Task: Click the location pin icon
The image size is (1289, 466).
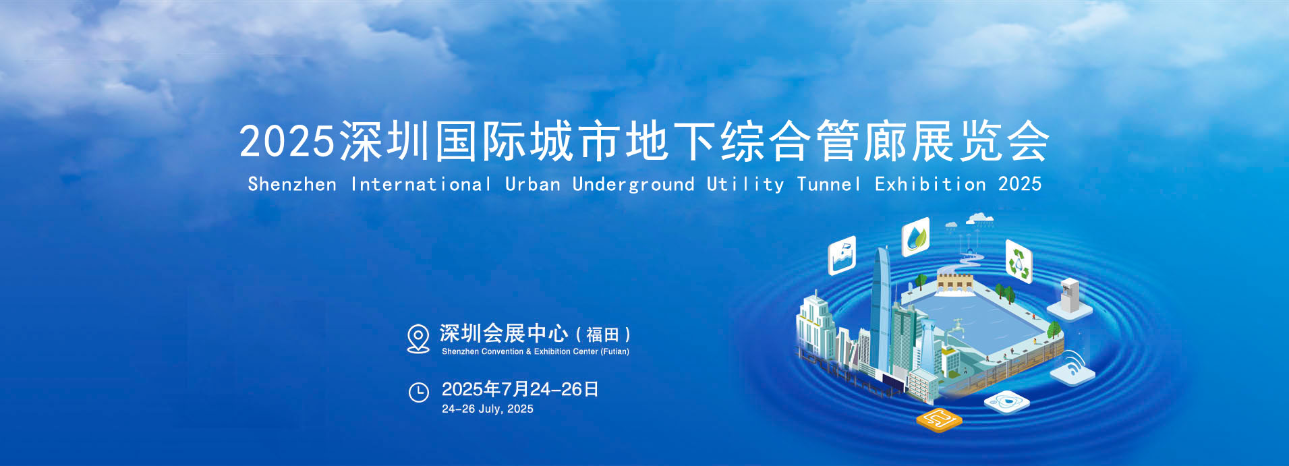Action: (x=418, y=339)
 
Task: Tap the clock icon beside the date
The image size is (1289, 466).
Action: (x=419, y=392)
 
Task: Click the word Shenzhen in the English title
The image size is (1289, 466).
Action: (x=292, y=184)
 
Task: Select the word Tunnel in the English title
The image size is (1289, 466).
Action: (x=828, y=184)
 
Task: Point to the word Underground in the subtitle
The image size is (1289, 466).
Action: (x=633, y=185)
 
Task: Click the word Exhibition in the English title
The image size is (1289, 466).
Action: (x=930, y=184)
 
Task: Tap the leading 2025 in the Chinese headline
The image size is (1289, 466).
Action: (x=287, y=142)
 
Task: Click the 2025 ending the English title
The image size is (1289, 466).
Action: (x=1020, y=184)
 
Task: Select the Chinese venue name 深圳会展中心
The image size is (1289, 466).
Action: (x=504, y=333)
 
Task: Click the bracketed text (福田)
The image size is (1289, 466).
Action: (x=603, y=334)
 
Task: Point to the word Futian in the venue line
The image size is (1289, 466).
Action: (x=615, y=351)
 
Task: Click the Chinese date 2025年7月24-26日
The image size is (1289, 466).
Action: (x=520, y=389)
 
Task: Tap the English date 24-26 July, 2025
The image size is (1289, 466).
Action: (x=488, y=409)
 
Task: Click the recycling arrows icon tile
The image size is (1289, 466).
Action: (x=1019, y=261)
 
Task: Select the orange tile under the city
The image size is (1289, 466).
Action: (x=938, y=419)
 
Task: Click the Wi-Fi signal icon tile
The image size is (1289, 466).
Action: (x=1072, y=368)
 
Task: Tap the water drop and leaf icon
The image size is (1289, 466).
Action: (x=915, y=237)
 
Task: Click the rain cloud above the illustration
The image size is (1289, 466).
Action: (x=979, y=218)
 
